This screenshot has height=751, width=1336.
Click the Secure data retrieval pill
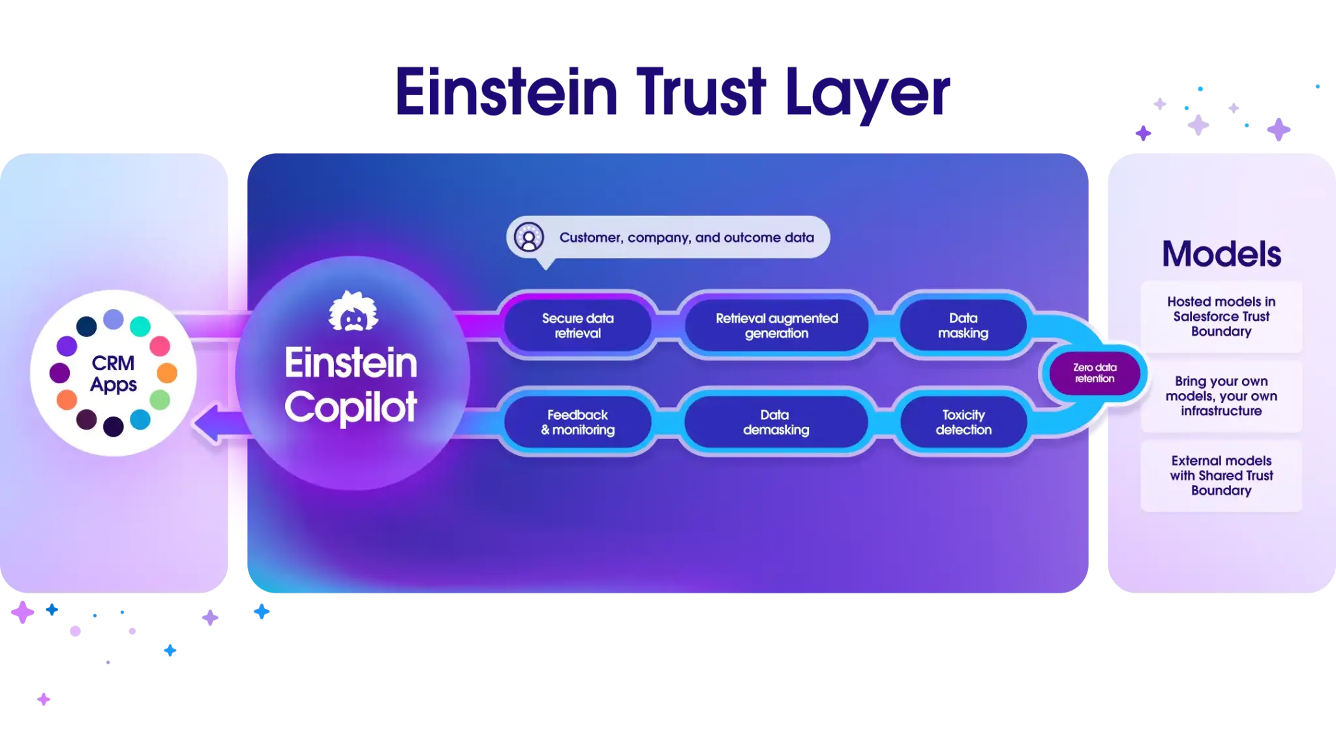pyautogui.click(x=577, y=325)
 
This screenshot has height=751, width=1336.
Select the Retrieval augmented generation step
pyautogui.click(x=776, y=325)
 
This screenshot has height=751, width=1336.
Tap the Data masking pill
pyautogui.click(x=963, y=325)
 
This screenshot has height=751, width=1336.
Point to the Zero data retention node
pyautogui.click(x=1095, y=373)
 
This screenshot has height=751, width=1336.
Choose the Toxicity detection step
pyautogui.click(x=963, y=422)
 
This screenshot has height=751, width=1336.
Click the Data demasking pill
pyautogui.click(x=776, y=422)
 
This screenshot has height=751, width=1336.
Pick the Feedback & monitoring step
pyautogui.click(x=577, y=422)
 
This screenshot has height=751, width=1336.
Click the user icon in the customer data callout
pyautogui.click(x=528, y=237)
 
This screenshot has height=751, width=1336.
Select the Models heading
pyautogui.click(x=1221, y=254)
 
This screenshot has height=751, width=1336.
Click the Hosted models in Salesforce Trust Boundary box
pyautogui.click(x=1221, y=316)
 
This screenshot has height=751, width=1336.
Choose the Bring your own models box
pyautogui.click(x=1221, y=396)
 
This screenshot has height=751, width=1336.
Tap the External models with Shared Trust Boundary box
pyautogui.click(x=1221, y=475)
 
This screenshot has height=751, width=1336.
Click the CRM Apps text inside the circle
pyautogui.click(x=114, y=374)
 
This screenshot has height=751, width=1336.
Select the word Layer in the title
pyautogui.click(x=868, y=93)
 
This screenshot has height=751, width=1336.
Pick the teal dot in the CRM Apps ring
pyautogui.click(x=140, y=326)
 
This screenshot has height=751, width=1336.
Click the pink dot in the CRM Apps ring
pyautogui.click(x=160, y=346)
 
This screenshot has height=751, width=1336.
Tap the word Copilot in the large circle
pyautogui.click(x=351, y=407)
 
